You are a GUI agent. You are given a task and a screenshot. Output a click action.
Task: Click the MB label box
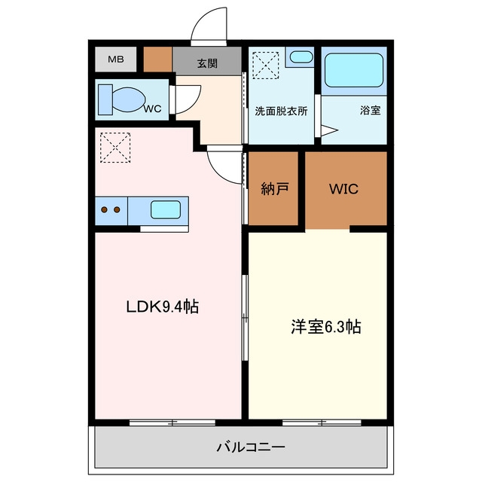tap(115, 59)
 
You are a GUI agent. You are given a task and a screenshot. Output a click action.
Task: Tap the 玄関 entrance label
tap(207, 63)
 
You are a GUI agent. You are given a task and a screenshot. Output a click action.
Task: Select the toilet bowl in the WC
tap(128, 99)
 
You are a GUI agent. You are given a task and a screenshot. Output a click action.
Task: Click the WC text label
tap(153, 108)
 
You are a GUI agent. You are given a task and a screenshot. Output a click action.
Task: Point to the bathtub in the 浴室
tap(354, 70)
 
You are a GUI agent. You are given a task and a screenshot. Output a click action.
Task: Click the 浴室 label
tap(370, 110)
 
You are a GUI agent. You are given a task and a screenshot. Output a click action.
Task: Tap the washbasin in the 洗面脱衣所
tap(301, 57)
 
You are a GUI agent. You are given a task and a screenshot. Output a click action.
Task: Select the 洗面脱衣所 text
tap(281, 111)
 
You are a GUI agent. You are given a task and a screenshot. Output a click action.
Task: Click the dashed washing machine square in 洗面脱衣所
tap(266, 66)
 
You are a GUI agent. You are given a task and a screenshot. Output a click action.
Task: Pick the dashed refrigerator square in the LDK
tap(115, 148)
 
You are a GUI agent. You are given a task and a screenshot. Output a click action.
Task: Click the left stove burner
tap(104, 209)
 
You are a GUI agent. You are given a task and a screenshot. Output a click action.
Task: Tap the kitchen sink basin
tap(166, 209)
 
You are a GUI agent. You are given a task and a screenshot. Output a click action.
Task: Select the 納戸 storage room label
tap(274, 188)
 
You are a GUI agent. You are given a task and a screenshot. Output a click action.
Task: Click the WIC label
tap(343, 189)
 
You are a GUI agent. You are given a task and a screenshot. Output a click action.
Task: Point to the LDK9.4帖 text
tap(163, 307)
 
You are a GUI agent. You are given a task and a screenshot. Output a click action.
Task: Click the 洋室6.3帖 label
tap(326, 326)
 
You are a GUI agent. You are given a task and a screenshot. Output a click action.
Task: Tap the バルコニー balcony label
tap(251, 447)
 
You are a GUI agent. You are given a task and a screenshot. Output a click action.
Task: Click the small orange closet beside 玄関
tap(157, 59)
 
